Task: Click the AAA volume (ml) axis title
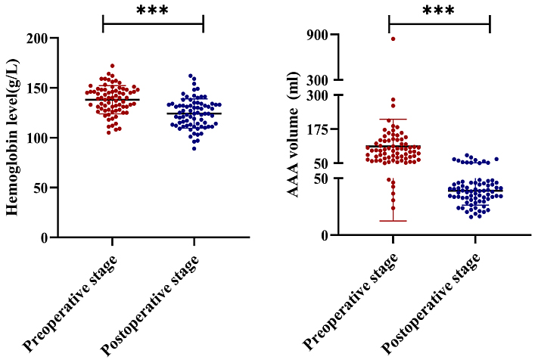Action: tap(293, 135)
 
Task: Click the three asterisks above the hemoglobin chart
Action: tap(153, 11)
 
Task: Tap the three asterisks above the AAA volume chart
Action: tap(439, 11)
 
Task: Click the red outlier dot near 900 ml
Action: tap(393, 39)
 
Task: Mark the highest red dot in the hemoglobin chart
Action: tap(112, 67)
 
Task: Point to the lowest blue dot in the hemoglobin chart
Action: tap(194, 148)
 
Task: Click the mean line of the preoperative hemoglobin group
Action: tap(112, 100)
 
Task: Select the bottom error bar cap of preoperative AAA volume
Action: tap(393, 221)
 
